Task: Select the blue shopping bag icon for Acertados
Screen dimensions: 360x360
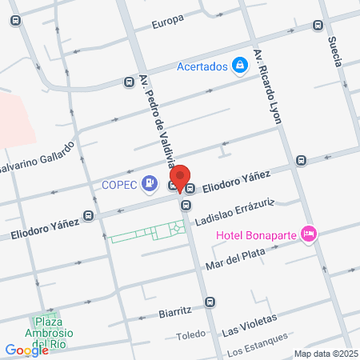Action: click(x=239, y=66)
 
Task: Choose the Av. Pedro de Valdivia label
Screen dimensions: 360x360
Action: click(x=158, y=124)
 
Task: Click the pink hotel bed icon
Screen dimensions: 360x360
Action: click(x=310, y=234)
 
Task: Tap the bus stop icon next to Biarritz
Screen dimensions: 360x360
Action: click(x=210, y=302)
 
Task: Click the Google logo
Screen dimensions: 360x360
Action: click(x=26, y=350)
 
